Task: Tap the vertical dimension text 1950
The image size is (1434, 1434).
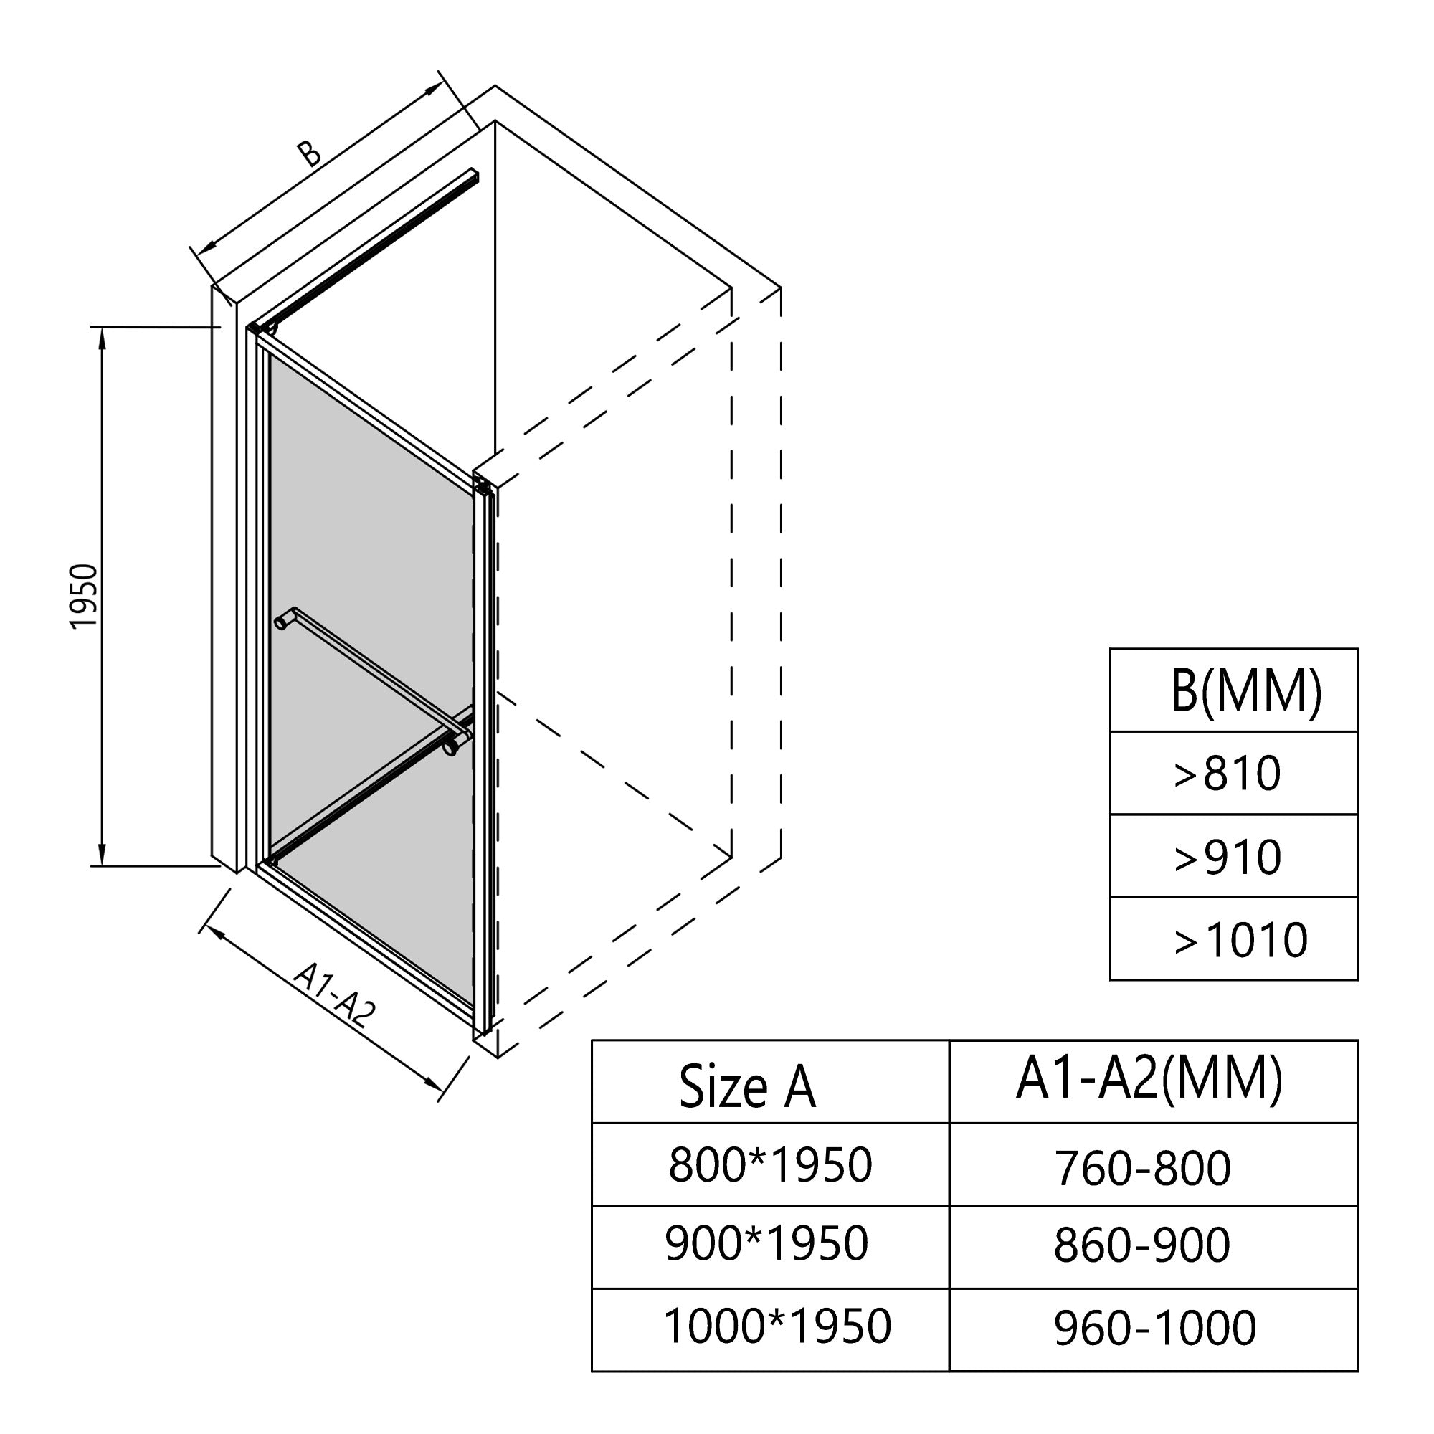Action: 84,596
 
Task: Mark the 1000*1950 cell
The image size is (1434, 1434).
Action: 777,1326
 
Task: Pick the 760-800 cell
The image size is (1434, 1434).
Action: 1142,1167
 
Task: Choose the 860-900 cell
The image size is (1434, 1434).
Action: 1141,1245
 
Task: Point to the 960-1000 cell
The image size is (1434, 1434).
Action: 1154,1328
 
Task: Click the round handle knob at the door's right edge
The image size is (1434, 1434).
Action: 450,751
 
